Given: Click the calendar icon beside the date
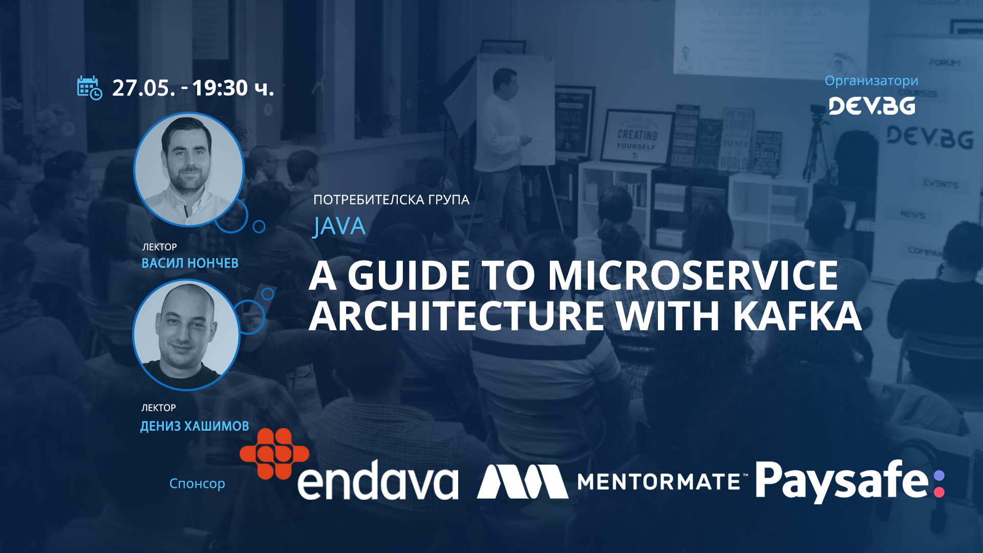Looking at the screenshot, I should (x=90, y=88).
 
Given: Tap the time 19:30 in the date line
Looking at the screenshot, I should (x=220, y=88).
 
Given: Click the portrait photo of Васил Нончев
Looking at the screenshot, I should (x=188, y=169).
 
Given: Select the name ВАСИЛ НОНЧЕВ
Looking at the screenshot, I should (x=190, y=263).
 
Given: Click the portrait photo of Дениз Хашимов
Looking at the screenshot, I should (x=186, y=335).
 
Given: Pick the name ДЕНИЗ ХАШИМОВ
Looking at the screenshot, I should (x=195, y=426).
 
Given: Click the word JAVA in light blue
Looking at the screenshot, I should (x=339, y=226).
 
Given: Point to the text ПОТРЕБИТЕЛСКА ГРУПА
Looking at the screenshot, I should (x=391, y=200).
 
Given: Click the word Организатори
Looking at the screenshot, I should (x=871, y=81).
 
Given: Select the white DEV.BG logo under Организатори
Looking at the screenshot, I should (x=871, y=106).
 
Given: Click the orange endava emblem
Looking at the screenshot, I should (x=274, y=454).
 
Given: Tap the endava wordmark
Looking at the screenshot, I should (x=378, y=481).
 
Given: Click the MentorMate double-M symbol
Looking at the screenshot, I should (x=522, y=481).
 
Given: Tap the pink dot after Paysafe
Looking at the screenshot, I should (x=939, y=492).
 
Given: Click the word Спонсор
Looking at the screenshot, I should (x=197, y=483).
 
